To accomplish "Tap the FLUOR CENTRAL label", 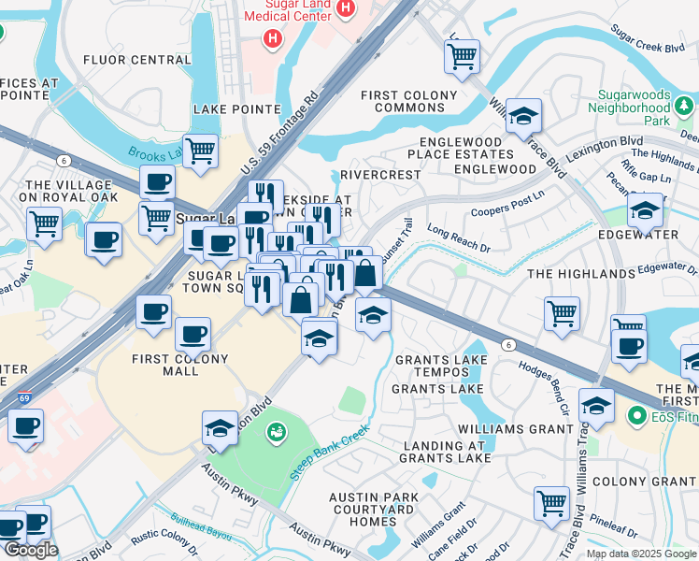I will point(136,60).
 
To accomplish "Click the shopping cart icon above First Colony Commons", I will point(462,56).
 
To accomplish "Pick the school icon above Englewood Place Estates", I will point(524,116).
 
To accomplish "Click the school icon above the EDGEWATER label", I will point(644,210).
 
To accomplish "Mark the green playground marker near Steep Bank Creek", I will point(277,431).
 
